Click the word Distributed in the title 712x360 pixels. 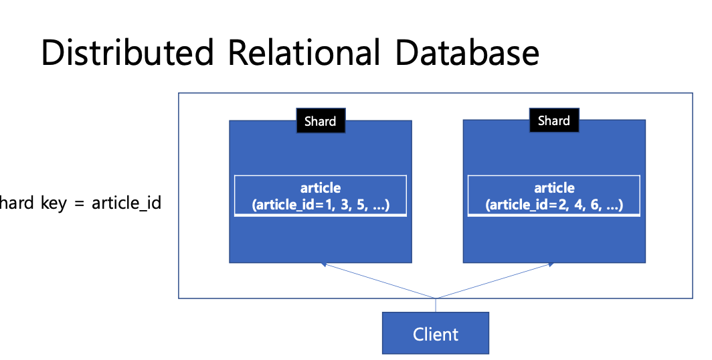[128, 52]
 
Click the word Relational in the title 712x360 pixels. [304, 52]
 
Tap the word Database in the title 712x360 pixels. [467, 52]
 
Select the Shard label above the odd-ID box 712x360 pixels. [321, 120]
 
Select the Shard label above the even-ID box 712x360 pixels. [554, 120]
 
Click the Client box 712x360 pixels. [436, 333]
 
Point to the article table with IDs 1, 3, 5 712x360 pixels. [321, 195]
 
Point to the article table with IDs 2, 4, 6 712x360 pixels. [554, 195]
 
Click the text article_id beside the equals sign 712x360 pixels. [126, 203]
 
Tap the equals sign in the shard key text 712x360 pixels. [80, 203]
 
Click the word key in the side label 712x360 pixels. [54, 203]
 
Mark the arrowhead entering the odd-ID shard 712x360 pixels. [323, 264]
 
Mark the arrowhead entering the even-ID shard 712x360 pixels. [551, 264]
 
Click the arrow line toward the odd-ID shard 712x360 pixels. [379, 281]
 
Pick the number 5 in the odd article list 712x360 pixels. [361, 205]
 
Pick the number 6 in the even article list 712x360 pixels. [594, 205]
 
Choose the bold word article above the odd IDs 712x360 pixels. [321, 188]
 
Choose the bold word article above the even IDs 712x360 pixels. [555, 188]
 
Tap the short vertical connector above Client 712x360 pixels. [436, 306]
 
